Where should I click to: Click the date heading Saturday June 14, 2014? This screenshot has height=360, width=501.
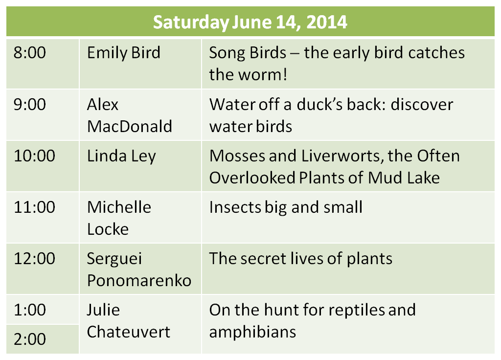tap(250, 22)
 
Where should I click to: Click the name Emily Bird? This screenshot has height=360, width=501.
tap(124, 53)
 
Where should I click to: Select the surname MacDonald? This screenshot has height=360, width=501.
tap(129, 127)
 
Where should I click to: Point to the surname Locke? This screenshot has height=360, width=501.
tap(108, 229)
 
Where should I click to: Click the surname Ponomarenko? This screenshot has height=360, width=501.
tap(139, 281)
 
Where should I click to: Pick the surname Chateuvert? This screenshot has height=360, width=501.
tap(129, 332)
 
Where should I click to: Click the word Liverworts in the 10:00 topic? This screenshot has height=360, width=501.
tap(343, 157)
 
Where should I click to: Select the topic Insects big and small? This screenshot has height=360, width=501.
tap(286, 208)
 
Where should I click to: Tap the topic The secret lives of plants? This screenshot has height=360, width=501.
tap(301, 259)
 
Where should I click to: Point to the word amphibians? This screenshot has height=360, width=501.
tap(253, 333)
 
